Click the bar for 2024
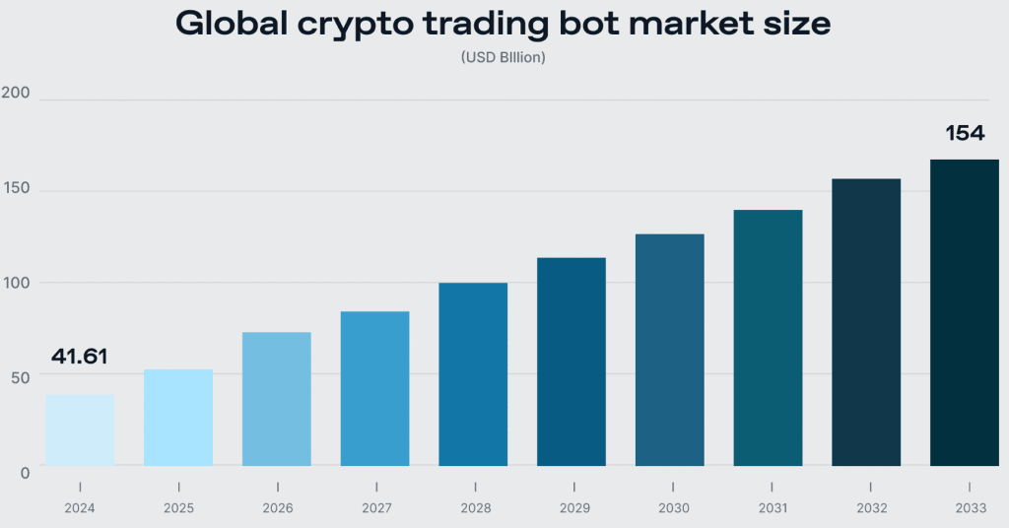pyautogui.click(x=80, y=430)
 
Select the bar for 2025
pyautogui.click(x=178, y=418)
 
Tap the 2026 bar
pyautogui.click(x=277, y=399)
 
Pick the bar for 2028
pyautogui.click(x=473, y=374)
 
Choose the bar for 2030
pyautogui.click(x=670, y=350)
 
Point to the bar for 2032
pyautogui.click(x=866, y=322)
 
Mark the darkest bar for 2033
pyautogui.click(x=965, y=312)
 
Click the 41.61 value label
pyautogui.click(x=78, y=357)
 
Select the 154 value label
pyautogui.click(x=965, y=133)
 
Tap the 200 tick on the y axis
pyautogui.click(x=17, y=94)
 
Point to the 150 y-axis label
pyautogui.click(x=17, y=188)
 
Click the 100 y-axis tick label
pyautogui.click(x=17, y=283)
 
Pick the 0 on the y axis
pyautogui.click(x=25, y=473)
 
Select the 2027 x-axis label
pyautogui.click(x=374, y=508)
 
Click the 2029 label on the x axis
pyautogui.click(x=572, y=508)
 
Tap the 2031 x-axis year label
pyautogui.click(x=768, y=508)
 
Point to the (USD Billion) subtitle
pyautogui.click(x=504, y=58)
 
